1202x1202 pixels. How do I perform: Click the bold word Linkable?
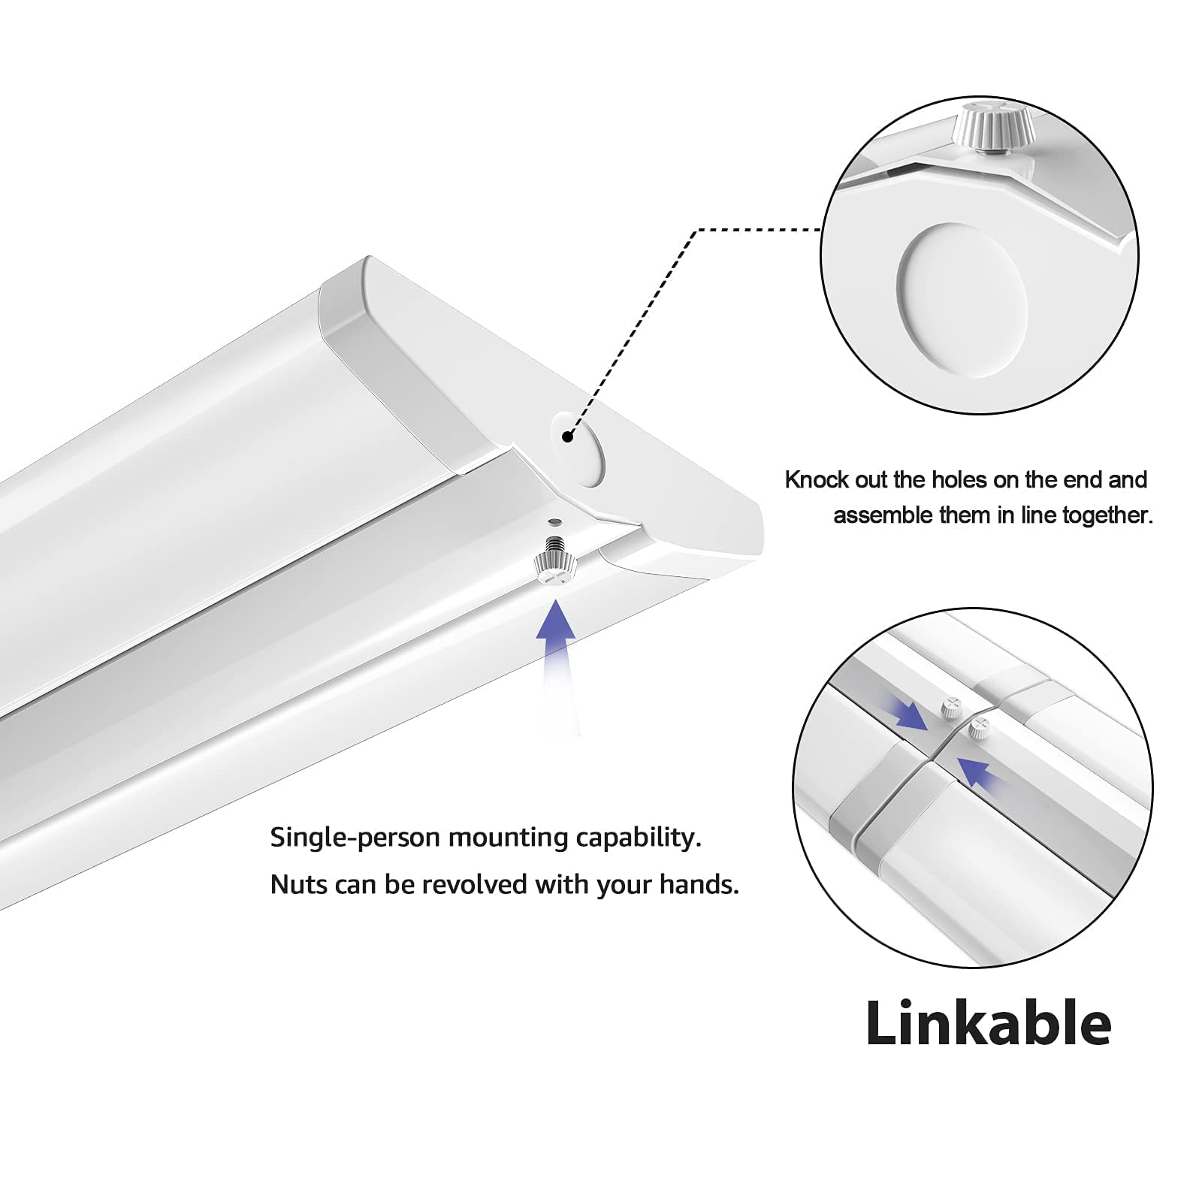tap(988, 1023)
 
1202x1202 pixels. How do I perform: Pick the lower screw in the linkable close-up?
tap(977, 726)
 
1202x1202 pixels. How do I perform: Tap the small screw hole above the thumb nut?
tap(554, 521)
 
